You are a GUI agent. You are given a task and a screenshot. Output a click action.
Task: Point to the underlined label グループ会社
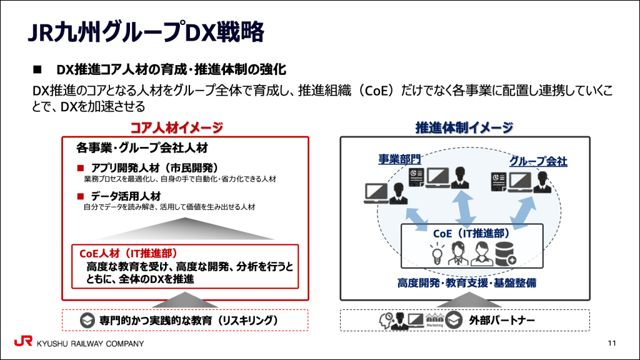coord(537,161)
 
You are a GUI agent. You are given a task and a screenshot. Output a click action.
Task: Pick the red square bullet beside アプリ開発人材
coord(80,168)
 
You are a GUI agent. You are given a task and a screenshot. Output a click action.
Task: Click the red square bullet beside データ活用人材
coord(80,196)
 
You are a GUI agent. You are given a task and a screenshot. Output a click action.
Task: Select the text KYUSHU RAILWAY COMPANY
coord(90,344)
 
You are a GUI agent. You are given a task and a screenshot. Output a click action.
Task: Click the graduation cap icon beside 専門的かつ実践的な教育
coord(88,321)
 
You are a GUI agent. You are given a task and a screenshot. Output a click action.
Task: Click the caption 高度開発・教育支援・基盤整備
coord(466,283)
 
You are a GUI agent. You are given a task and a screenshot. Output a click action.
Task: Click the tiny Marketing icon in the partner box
coord(434,321)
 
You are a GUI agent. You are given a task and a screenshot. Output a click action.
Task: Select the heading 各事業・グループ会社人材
coord(142,148)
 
